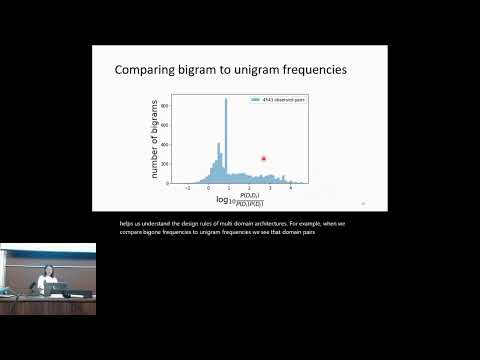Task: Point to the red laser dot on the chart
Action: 264,157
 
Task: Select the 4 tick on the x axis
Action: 291,187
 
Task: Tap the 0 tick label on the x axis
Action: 209,187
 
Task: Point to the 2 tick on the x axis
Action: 250,187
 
